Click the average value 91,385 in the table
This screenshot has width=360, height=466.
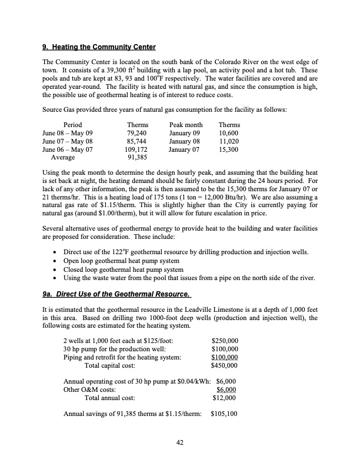tap(137, 158)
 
